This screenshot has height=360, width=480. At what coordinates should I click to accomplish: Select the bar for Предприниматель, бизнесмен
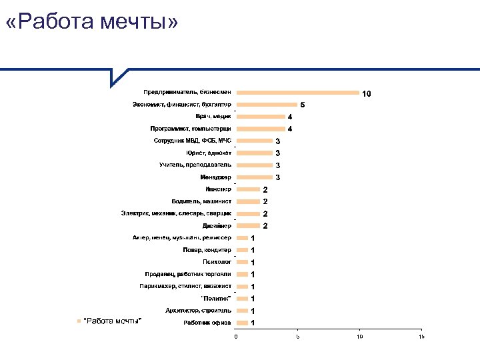coord(298,93)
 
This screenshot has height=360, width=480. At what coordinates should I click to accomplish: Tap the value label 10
coord(366,93)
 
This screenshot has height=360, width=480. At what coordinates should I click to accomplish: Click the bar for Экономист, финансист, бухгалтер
coord(267,105)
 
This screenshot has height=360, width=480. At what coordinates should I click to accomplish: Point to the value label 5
coord(302,105)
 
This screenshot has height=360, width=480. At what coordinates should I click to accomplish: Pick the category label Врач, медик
coord(213,116)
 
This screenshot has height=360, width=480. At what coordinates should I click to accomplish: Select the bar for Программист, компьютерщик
coord(261,129)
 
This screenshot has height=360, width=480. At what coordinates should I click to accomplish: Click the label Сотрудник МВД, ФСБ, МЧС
coord(192,141)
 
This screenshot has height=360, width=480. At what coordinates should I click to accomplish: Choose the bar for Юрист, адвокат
coord(254,153)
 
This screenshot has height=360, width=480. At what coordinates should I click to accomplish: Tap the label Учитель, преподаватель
coord(195,165)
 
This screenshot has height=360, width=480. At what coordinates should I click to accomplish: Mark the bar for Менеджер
coord(254,177)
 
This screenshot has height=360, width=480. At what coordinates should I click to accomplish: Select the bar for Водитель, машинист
coord(248,201)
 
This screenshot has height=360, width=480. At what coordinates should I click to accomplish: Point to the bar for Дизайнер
coord(248,225)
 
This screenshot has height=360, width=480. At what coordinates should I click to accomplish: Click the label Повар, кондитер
coord(207,250)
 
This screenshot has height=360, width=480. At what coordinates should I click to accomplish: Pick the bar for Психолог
coord(242,262)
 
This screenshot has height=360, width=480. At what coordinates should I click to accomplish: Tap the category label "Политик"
coord(216,298)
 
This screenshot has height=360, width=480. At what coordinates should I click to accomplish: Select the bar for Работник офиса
coord(242,323)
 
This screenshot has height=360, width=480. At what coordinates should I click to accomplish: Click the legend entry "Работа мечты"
coord(112,321)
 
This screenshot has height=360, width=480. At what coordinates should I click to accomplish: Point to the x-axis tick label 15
coord(421,337)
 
